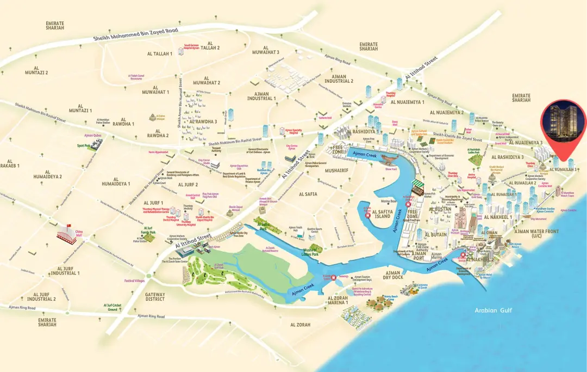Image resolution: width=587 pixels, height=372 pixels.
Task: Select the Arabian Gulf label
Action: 490,310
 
